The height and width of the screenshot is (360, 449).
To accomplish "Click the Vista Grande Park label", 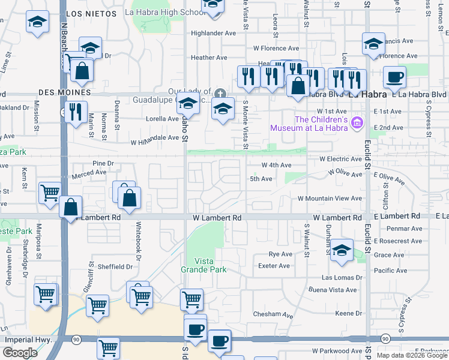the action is tap(204, 265).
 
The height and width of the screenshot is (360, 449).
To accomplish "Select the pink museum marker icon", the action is tap(358, 122).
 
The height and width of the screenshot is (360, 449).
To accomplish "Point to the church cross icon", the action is tap(220, 93).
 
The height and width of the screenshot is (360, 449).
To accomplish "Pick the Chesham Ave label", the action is tap(273, 314).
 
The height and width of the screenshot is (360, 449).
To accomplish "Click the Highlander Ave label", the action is tap(214, 33).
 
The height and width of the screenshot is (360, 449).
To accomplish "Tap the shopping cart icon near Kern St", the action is tap(49, 193).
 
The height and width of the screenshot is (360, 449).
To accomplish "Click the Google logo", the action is tap(20, 353).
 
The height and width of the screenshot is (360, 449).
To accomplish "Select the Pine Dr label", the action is tap(103, 163).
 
